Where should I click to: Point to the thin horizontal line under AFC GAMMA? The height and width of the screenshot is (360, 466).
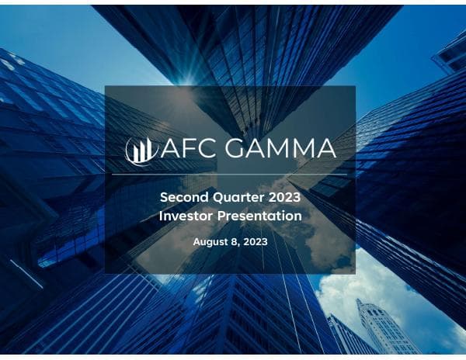pos(230,175)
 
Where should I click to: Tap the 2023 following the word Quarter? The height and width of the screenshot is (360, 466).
pos(283,197)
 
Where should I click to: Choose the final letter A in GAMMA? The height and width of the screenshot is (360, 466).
pos(325,149)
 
